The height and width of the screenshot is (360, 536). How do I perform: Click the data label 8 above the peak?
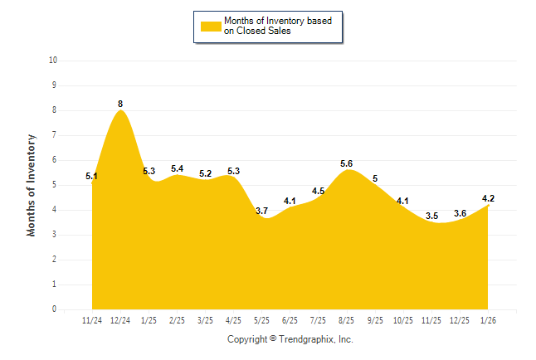click(x=120, y=104)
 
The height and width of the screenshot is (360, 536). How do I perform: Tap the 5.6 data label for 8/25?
click(x=347, y=163)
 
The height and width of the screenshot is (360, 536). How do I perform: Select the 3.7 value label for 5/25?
click(x=261, y=211)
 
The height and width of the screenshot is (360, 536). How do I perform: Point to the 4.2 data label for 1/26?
click(x=488, y=198)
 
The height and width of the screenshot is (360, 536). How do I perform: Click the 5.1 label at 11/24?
click(x=92, y=176)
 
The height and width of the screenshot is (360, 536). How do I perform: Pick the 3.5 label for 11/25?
click(x=431, y=216)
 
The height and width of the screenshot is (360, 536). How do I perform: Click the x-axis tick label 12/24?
click(x=120, y=319)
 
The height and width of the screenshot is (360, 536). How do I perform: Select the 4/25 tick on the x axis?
click(x=233, y=319)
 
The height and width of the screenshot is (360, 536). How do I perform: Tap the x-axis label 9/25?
click(x=375, y=319)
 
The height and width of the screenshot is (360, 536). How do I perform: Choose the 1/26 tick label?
click(x=488, y=319)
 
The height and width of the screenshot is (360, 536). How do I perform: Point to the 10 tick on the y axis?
click(x=53, y=61)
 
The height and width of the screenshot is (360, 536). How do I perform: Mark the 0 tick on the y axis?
click(x=55, y=309)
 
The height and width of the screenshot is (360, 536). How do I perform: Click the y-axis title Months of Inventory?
click(x=32, y=185)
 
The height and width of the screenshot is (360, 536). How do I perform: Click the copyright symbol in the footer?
click(x=273, y=339)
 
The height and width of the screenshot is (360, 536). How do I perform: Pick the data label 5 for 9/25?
click(x=375, y=178)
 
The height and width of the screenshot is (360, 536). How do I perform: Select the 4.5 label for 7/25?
click(x=318, y=191)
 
